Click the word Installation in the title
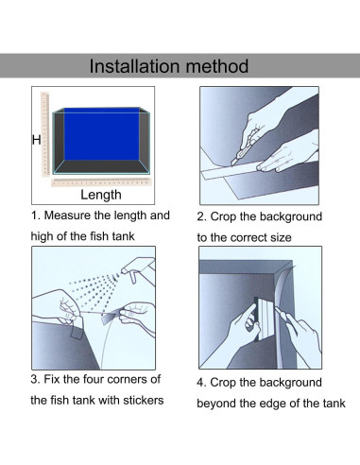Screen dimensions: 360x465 point(135,66)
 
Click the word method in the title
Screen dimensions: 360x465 point(217,66)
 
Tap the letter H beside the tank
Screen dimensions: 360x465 point(37,140)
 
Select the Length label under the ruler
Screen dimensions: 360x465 point(101,195)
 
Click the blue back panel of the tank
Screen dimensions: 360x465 point(101,134)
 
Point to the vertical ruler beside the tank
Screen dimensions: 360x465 point(45,134)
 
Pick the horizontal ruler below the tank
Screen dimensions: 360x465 point(101,182)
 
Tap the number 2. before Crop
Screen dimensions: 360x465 point(201,216)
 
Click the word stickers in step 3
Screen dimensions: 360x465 point(144,401)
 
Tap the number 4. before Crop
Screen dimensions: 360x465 point(201,383)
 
